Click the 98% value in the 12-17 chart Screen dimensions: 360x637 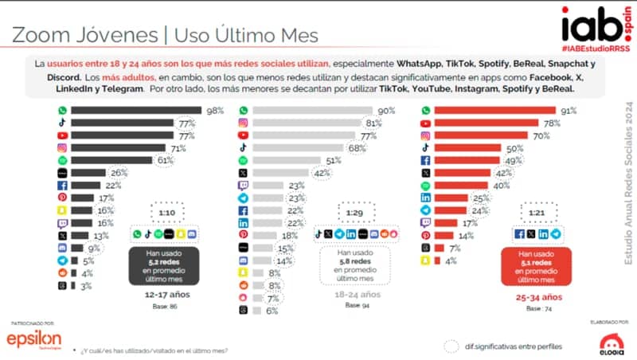(x=214, y=112)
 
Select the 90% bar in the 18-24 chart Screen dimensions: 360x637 (x=314, y=112)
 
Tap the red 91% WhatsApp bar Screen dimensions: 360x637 (x=494, y=112)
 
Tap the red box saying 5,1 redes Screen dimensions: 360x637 (x=537, y=264)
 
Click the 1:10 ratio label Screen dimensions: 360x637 (x=167, y=214)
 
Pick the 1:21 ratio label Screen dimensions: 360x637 (x=538, y=214)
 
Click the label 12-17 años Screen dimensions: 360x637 (x=164, y=295)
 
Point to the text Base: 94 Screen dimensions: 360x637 (x=353, y=305)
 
